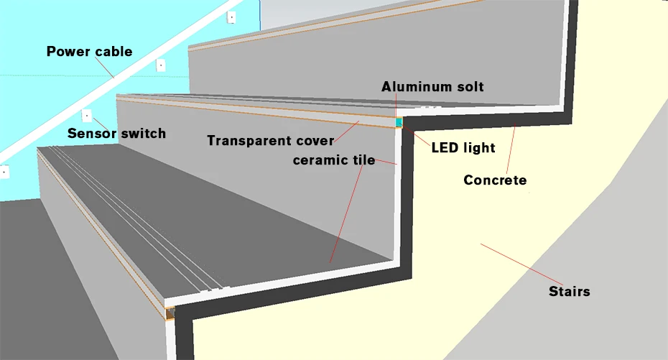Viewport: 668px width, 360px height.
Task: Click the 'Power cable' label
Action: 90,52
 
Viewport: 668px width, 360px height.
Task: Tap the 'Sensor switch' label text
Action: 117,134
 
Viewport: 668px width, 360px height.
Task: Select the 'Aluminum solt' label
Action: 432,87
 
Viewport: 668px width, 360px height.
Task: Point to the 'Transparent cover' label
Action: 271,141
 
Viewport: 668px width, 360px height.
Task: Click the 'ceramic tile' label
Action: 334,160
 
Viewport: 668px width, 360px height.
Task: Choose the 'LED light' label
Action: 463,148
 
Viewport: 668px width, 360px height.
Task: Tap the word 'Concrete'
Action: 495,180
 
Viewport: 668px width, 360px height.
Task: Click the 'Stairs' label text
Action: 569,292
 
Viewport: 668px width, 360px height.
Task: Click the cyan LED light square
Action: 399,123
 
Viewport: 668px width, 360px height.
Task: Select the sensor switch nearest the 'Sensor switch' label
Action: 86,116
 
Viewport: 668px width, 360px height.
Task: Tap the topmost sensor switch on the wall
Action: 231,17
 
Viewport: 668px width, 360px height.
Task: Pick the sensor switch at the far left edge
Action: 4,172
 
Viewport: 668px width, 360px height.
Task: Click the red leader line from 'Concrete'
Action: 511,149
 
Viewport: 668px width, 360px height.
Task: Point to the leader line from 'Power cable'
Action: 104,68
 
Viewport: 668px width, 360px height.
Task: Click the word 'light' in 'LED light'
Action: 479,148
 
